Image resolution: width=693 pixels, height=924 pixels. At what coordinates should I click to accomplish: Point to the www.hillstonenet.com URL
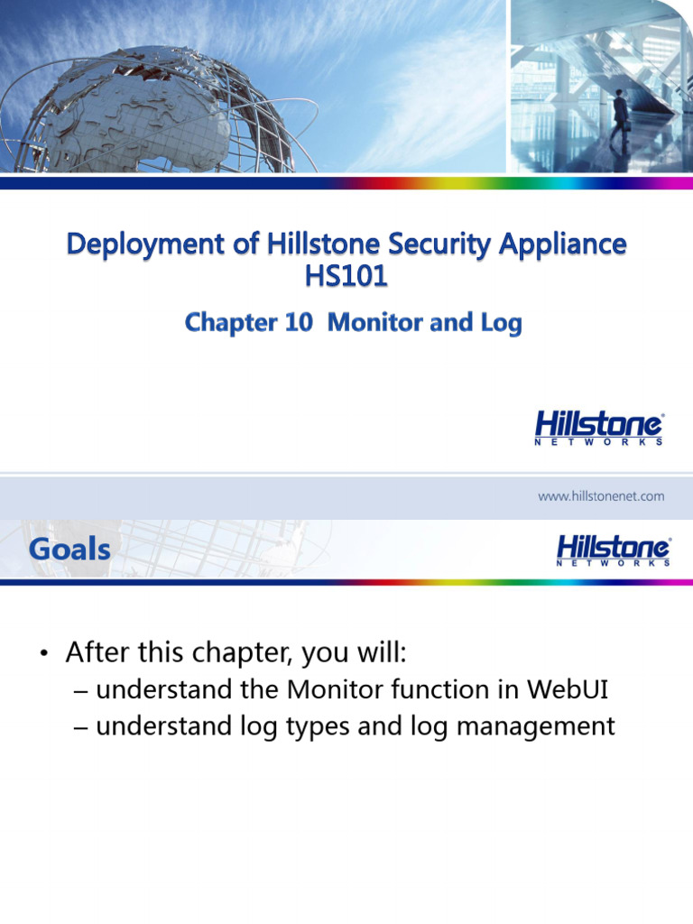(601, 496)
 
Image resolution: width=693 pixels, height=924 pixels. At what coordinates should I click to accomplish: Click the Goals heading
(69, 548)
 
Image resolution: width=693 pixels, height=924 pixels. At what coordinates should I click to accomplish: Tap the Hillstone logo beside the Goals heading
(613, 550)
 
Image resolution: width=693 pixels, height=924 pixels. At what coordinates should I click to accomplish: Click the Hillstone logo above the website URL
(600, 428)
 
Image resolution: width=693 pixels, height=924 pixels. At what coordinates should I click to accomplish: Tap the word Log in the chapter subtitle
(504, 323)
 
